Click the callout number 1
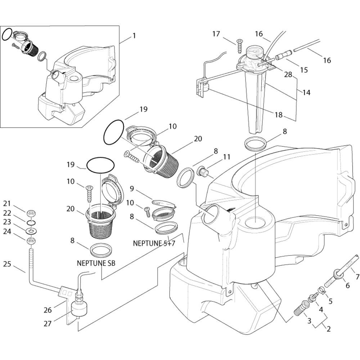[x=134, y=36]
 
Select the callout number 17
[x=216, y=34]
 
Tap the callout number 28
[x=288, y=75]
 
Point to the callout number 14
[x=306, y=93]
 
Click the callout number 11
[x=226, y=157]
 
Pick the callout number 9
[x=132, y=189]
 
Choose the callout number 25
[x=7, y=264]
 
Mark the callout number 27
[x=48, y=324]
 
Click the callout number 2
[x=329, y=329]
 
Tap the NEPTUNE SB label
[x=96, y=263]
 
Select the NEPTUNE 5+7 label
[x=154, y=243]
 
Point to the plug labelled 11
[x=203, y=172]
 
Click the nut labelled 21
[x=31, y=213]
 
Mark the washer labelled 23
[x=31, y=230]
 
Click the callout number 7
[x=357, y=277]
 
